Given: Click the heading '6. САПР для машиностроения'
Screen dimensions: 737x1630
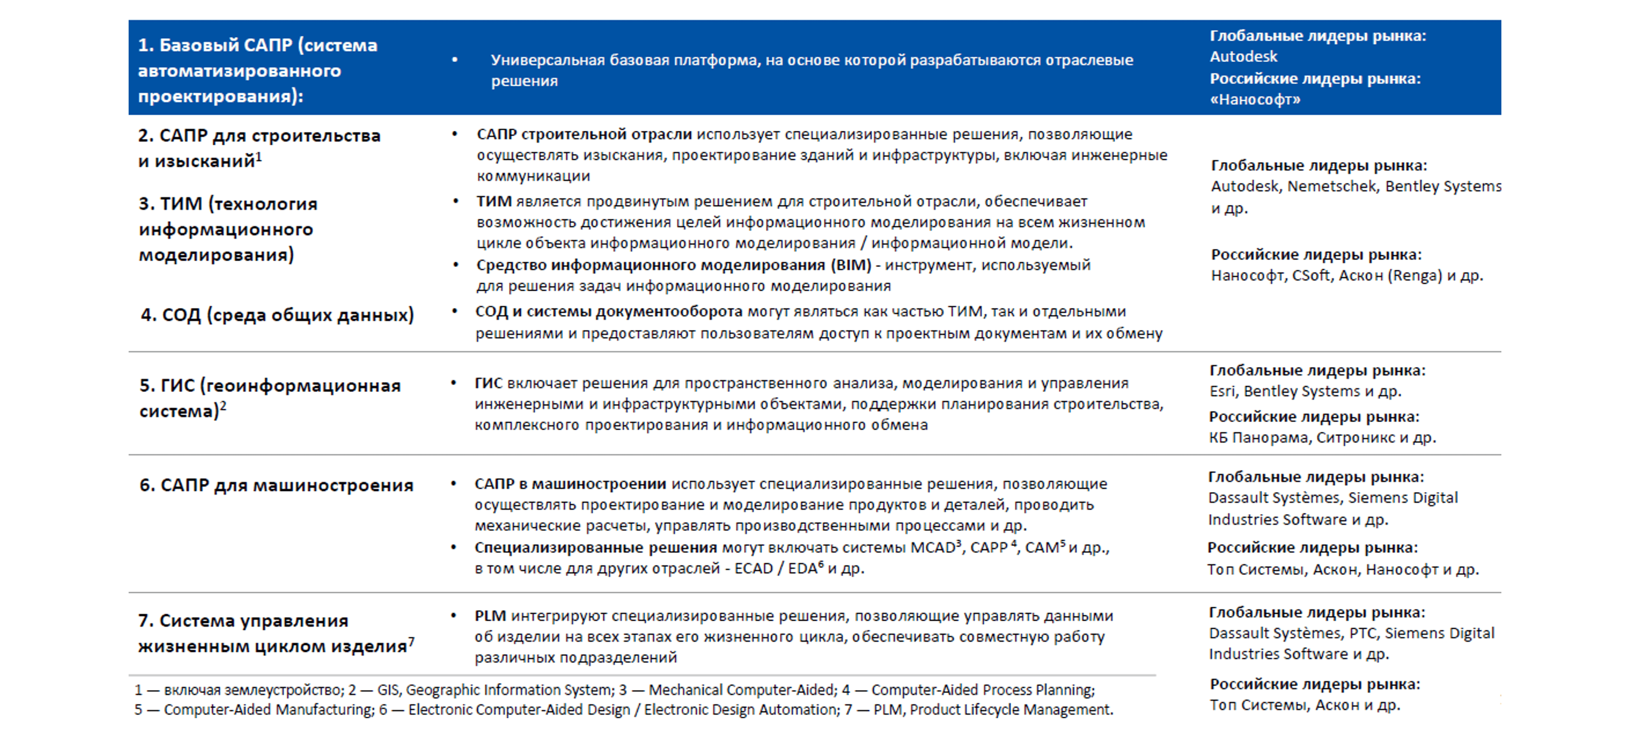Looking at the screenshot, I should coord(276,486).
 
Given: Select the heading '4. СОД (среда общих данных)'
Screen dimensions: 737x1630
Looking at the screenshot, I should coord(277,315).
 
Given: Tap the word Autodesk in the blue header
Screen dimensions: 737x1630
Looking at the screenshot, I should coord(1244,57).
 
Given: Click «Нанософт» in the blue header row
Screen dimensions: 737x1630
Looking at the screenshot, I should coord(1255,100).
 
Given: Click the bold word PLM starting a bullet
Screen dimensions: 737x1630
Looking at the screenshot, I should coord(490,615).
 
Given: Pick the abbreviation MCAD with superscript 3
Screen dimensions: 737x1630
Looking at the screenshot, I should coord(933,548).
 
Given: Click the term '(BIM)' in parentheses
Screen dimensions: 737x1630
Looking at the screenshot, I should coord(851,265).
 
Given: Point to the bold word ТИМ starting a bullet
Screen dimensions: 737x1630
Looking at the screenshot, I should coord(493,201).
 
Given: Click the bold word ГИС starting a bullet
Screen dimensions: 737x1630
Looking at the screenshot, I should coord(489,383).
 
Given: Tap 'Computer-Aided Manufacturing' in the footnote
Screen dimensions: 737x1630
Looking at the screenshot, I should coord(269,710).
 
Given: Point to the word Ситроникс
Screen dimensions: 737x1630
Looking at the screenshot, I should coord(1355,438).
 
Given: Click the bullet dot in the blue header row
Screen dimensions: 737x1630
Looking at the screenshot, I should coord(454,60).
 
